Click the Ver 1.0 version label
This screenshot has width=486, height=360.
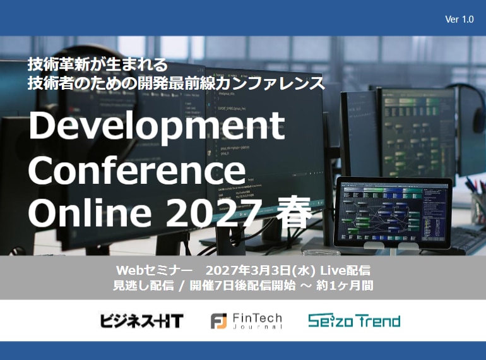point(459,20)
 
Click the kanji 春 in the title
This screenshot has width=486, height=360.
point(293,213)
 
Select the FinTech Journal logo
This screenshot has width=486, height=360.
point(246,321)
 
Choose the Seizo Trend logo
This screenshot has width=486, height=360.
point(354,321)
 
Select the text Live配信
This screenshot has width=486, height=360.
point(349,270)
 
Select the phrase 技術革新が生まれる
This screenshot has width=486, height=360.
point(97,64)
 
